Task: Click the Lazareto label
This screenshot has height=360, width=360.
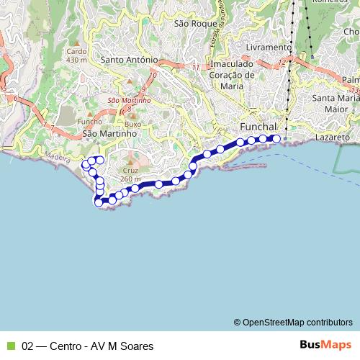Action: point(332,137)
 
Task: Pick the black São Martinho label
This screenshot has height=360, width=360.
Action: point(109,133)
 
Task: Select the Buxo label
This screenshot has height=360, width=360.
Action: point(132,124)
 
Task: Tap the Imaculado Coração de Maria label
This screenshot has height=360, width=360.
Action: point(231,74)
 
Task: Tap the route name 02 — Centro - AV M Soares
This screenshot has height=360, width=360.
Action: point(88,346)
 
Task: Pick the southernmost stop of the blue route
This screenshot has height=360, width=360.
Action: point(99,202)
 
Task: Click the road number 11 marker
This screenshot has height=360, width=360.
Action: point(196,68)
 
